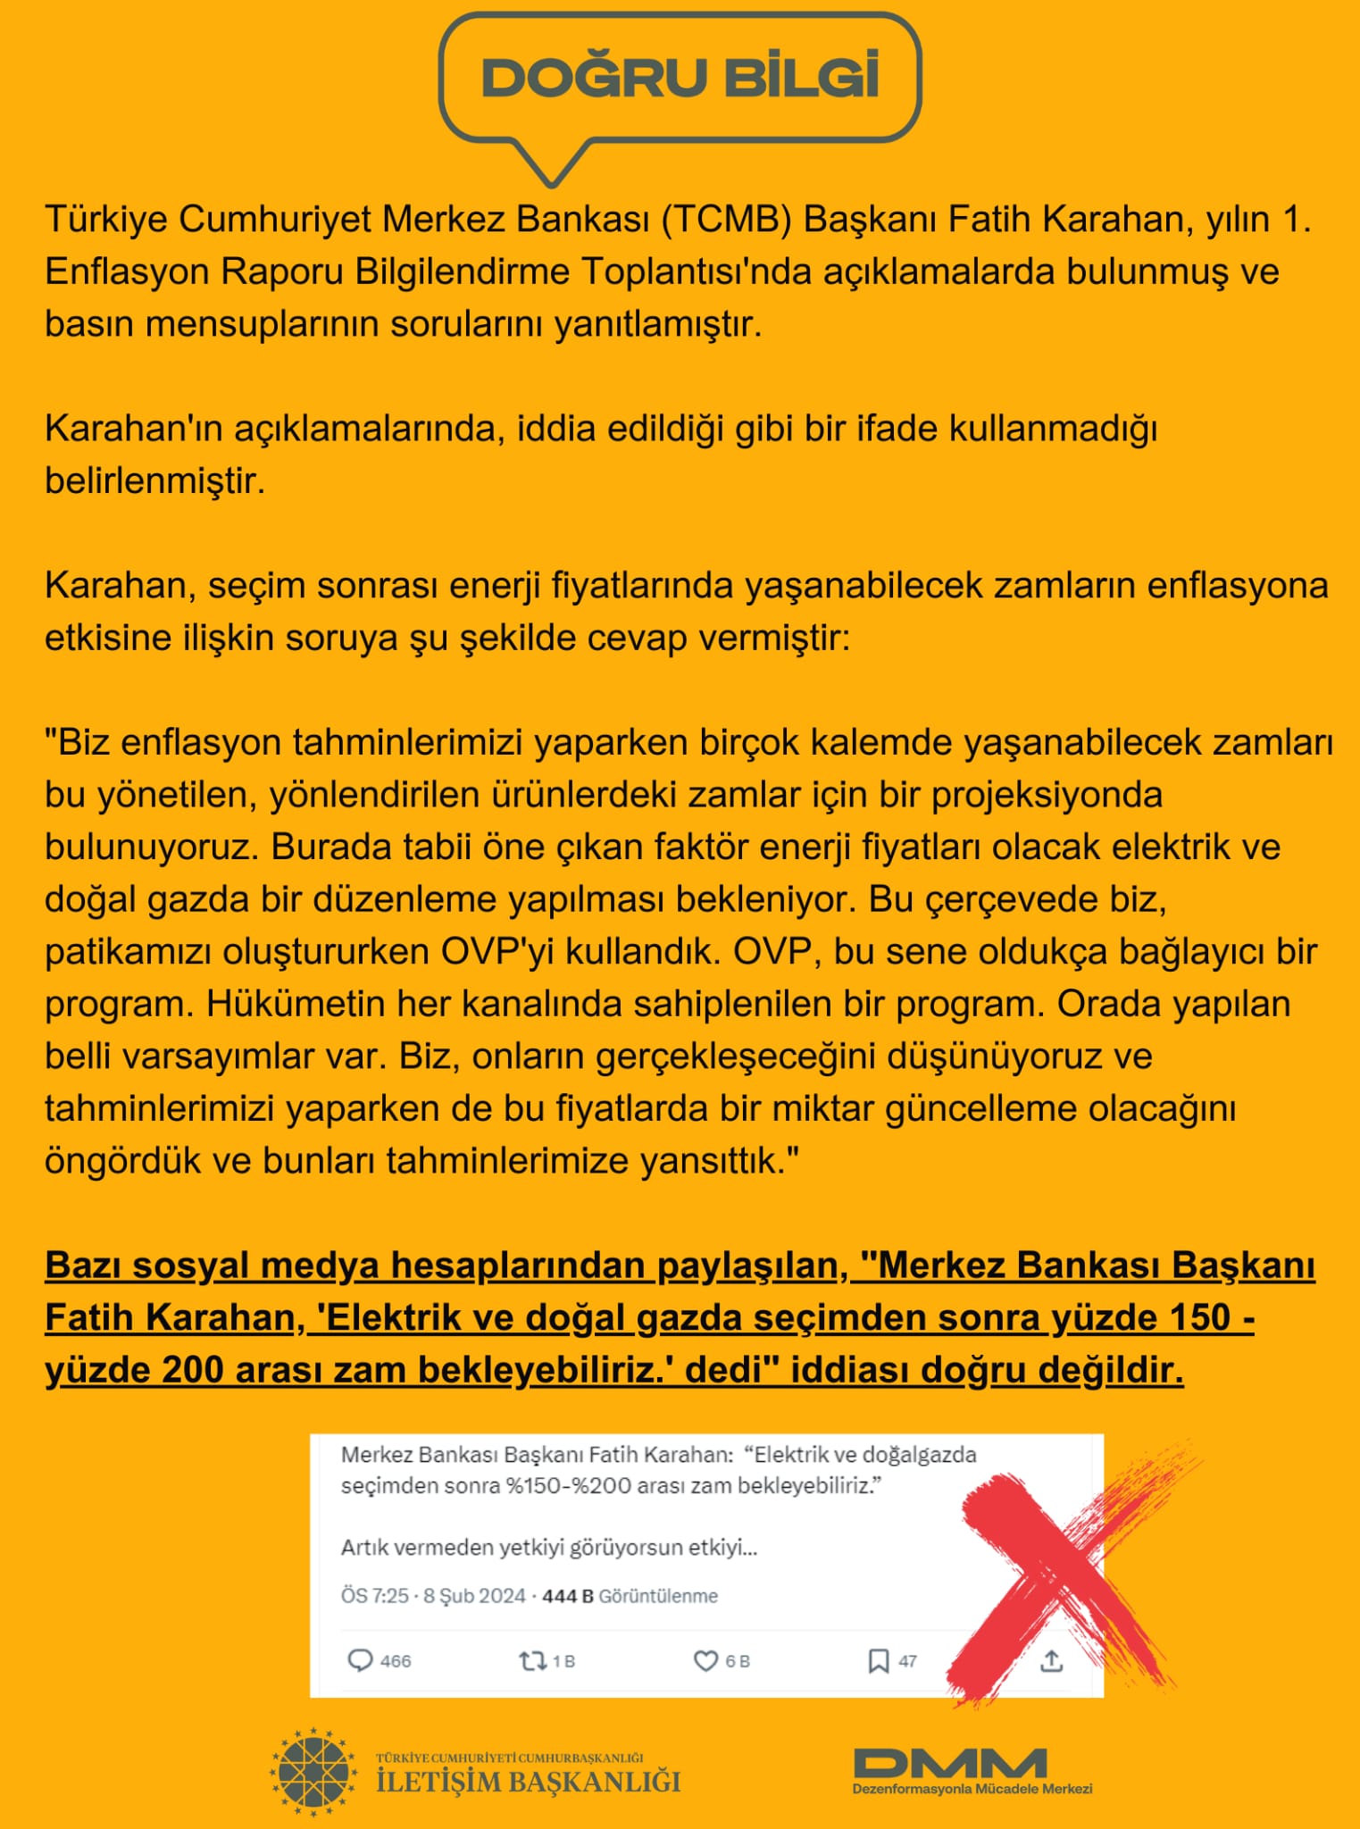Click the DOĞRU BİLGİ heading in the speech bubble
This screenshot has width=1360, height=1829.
(680, 78)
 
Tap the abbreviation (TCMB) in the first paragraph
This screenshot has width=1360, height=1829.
(726, 219)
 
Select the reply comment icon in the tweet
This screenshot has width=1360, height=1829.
(359, 1660)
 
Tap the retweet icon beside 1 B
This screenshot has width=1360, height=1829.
(532, 1660)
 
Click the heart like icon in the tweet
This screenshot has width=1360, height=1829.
(705, 1660)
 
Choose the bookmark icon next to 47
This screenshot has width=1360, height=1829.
(878, 1660)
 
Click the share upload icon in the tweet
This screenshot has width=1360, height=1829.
(1052, 1660)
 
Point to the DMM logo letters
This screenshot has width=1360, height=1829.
(950, 1763)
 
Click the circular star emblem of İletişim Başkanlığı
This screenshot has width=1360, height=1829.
(313, 1772)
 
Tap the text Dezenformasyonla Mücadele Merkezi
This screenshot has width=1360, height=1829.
(972, 1789)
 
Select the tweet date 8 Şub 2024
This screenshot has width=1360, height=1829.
(474, 1596)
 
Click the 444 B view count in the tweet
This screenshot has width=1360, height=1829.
(567, 1596)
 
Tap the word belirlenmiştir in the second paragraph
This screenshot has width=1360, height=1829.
(154, 481)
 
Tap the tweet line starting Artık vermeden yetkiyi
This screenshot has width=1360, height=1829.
(548, 1547)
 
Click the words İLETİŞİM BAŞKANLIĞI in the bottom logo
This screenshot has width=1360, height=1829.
(528, 1782)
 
